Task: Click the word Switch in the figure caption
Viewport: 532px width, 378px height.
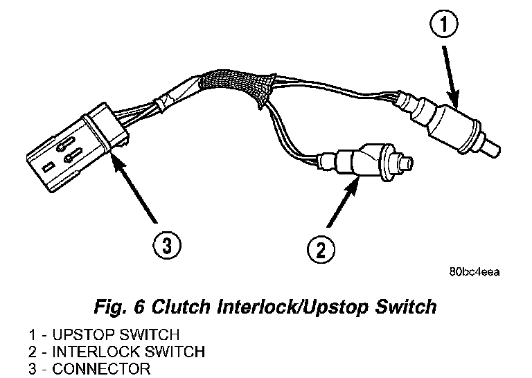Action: pyautogui.click(x=408, y=306)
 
